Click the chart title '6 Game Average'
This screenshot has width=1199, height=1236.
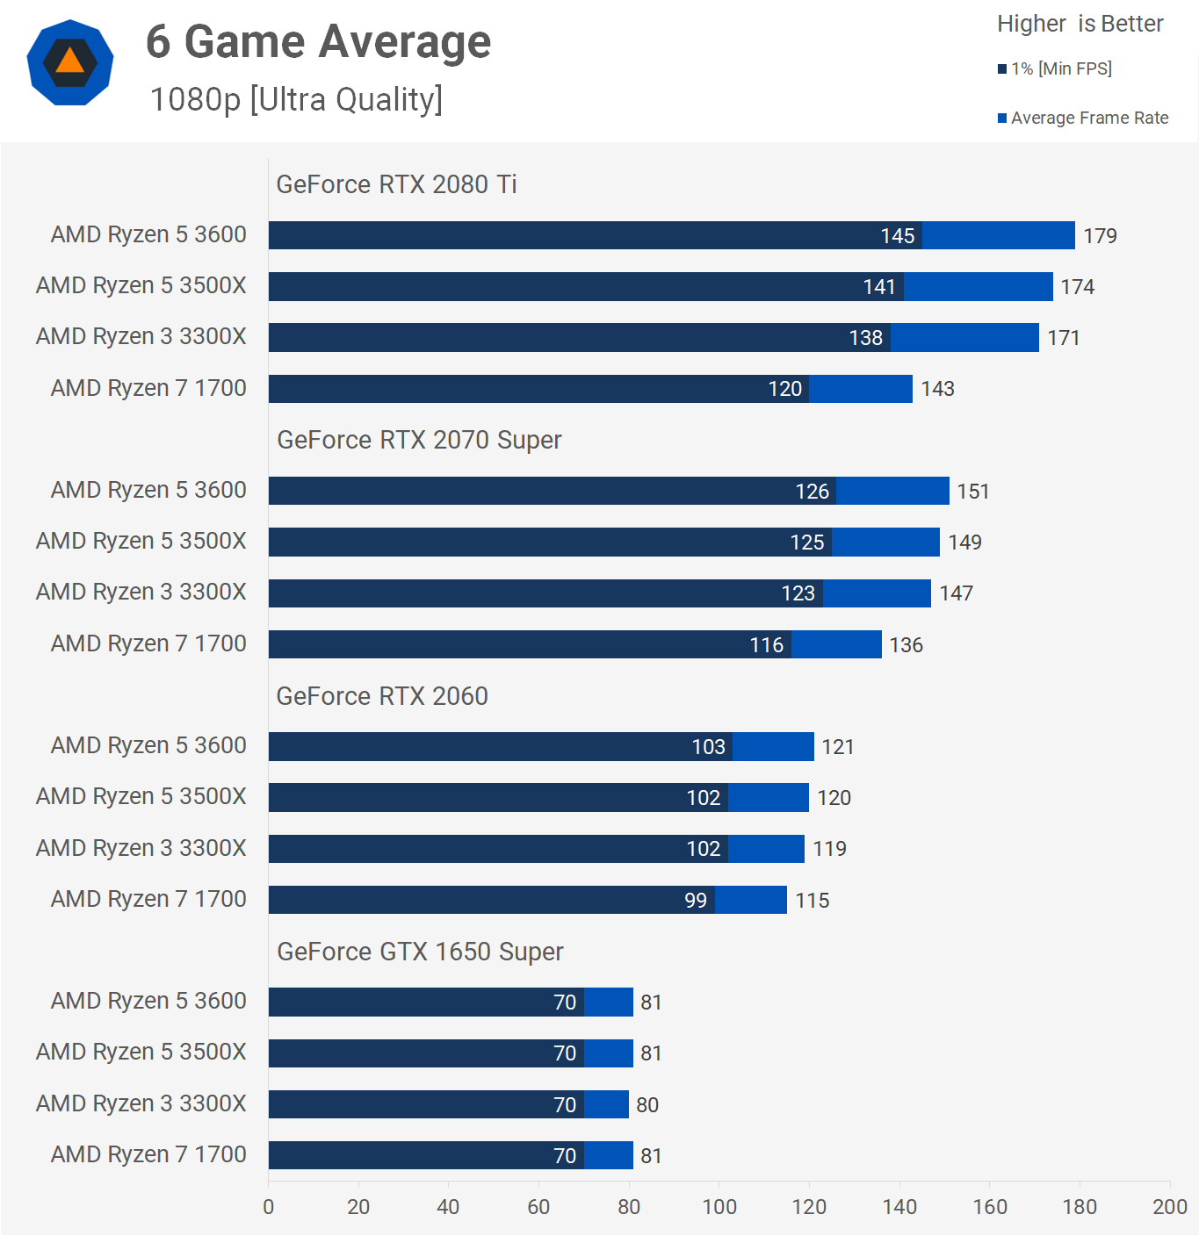coord(318,41)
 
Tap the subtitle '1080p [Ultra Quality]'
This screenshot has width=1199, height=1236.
coord(296,99)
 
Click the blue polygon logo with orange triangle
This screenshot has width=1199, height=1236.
coord(70,62)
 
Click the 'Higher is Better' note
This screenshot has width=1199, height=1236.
coord(1080,24)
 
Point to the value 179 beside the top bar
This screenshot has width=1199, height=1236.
coord(1100,236)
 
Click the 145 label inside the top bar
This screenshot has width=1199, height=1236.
coord(898,236)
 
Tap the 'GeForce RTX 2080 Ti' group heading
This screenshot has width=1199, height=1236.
coord(396,184)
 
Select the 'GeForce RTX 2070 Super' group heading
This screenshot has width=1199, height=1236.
coord(419,440)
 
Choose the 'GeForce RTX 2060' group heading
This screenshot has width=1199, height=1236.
coord(382,696)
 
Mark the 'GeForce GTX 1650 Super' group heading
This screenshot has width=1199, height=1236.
coord(420,952)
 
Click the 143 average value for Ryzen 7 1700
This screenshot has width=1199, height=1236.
coord(937,389)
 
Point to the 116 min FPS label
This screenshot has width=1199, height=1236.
coord(766,645)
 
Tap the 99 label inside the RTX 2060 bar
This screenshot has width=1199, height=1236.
coord(696,901)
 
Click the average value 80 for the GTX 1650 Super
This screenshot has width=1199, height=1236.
coord(647,1105)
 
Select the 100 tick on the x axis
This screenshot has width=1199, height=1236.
coord(719,1207)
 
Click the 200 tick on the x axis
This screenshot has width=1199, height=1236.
coord(1169,1207)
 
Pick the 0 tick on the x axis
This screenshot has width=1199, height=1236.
coord(269,1207)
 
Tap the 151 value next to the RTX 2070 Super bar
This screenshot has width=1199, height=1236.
coord(973,492)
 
